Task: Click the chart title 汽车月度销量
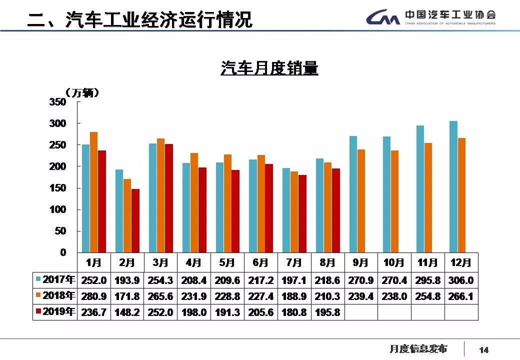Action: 269,67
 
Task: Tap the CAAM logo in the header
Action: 382,18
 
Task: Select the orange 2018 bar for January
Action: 94,192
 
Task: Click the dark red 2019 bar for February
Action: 135,220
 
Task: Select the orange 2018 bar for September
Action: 361,201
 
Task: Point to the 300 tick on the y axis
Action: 58,123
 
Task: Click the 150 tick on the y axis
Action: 58,188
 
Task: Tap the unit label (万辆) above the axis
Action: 82,92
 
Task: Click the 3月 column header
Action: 160,262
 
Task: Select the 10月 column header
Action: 394,262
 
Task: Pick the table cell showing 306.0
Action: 461,280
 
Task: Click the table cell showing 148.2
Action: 127,312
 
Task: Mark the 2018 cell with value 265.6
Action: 160,296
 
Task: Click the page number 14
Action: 483,349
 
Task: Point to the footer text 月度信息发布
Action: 418,349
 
